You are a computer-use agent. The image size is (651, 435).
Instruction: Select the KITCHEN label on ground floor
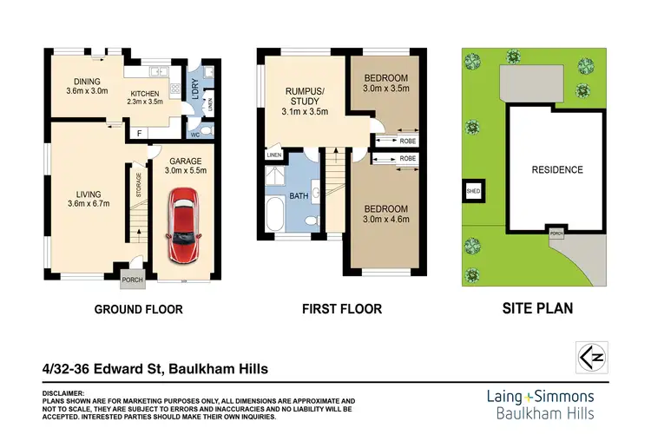(145, 97)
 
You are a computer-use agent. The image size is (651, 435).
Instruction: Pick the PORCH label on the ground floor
(133, 279)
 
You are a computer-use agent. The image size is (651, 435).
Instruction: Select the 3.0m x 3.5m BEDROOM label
(385, 83)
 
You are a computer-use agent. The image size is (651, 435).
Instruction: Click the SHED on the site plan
(473, 192)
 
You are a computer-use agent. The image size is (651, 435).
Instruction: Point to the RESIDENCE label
(556, 169)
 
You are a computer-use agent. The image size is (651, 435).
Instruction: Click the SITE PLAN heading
(537, 308)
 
